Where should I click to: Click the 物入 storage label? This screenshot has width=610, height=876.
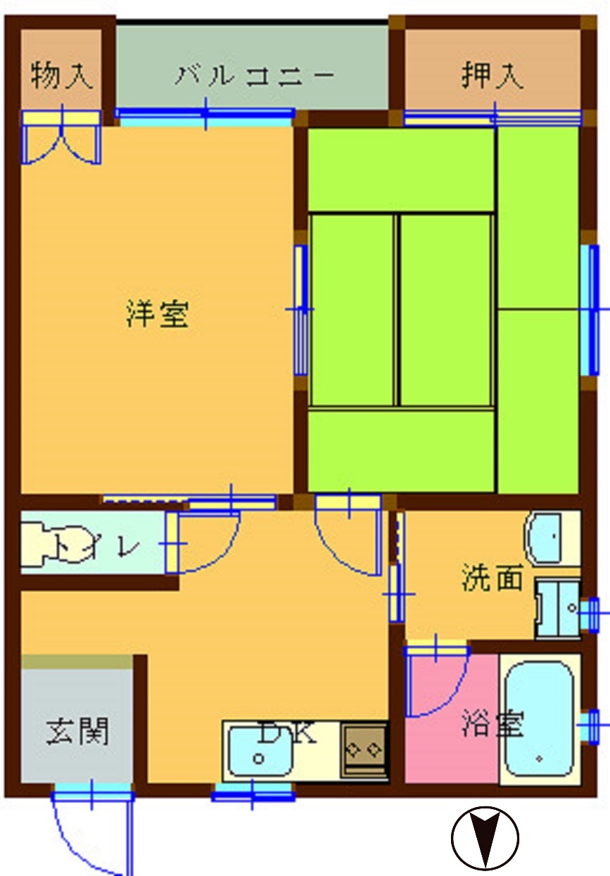62,75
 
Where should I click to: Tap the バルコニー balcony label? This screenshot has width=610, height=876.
254,75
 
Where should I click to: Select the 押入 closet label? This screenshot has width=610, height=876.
492,75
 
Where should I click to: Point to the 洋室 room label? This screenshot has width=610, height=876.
157,314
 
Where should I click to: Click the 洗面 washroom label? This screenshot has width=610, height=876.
493,578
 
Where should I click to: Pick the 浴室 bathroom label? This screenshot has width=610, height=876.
493,723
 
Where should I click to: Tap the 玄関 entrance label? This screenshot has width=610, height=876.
77,731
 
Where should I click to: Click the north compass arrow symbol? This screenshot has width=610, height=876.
485,838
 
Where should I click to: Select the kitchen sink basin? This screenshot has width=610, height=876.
261,751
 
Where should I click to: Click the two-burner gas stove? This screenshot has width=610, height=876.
364,749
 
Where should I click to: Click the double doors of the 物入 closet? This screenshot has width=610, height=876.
61,138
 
